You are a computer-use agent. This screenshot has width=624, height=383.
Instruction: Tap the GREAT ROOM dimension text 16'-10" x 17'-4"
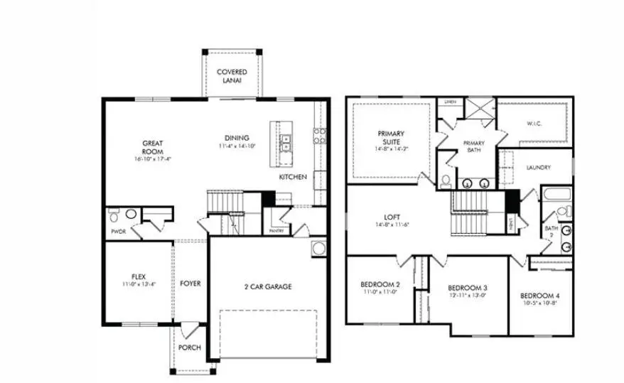[x=152, y=159]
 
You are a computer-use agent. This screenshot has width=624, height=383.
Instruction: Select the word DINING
[x=237, y=139]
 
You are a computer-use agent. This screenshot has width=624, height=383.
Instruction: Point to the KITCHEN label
[x=293, y=177]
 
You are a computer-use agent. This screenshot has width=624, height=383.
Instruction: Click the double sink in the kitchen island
[x=286, y=143]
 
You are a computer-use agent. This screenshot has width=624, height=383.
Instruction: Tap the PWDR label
[x=118, y=231]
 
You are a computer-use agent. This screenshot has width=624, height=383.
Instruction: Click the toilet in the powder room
[x=131, y=213]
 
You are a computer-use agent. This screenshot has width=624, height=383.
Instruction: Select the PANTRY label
[x=276, y=231]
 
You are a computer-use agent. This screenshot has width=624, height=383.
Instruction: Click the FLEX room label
[x=139, y=276]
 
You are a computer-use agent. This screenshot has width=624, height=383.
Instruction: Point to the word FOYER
[x=190, y=284]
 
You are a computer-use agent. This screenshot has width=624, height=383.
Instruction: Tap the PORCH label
[x=189, y=347]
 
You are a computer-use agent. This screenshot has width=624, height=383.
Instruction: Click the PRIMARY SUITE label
[x=390, y=136]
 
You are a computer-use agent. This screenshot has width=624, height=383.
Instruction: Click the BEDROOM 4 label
[x=539, y=296]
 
